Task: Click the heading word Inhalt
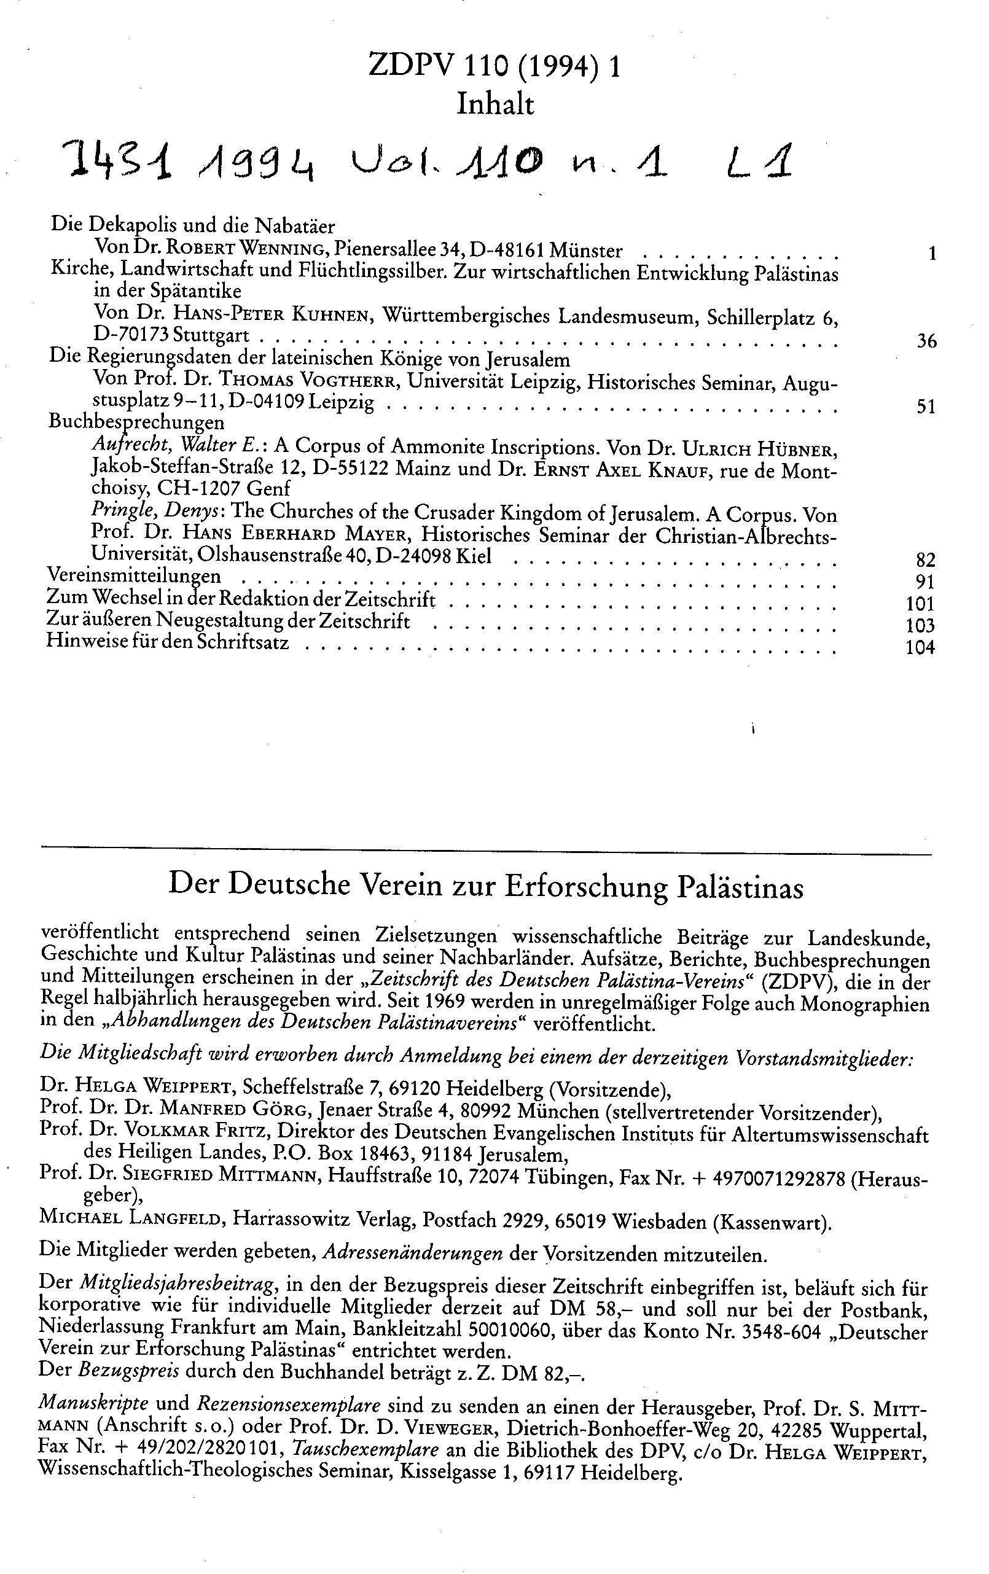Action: coord(495,104)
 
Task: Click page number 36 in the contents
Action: coord(926,341)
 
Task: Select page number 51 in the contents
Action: coord(926,407)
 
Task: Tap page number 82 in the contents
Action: coord(926,559)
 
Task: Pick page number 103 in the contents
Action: coord(920,626)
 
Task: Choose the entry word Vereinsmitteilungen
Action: coord(134,576)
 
